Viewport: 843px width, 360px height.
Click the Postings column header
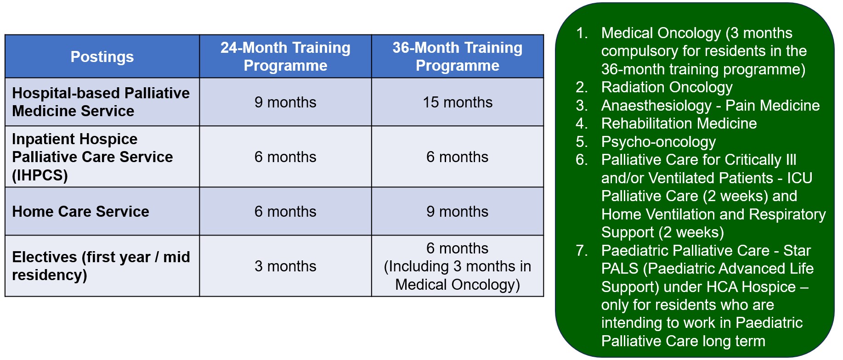[102, 56]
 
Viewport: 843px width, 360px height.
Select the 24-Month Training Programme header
[285, 56]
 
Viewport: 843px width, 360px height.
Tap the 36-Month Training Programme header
[458, 56]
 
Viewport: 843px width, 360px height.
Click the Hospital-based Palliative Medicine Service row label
[101, 102]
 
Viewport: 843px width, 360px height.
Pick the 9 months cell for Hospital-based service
[285, 102]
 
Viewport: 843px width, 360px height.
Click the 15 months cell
[458, 102]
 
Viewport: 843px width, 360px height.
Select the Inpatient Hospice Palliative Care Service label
[92, 157]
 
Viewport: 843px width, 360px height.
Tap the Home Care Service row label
[80, 211]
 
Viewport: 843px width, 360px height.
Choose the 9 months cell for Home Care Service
[458, 211]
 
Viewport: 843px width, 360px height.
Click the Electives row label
[101, 266]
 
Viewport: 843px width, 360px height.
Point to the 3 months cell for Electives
[285, 266]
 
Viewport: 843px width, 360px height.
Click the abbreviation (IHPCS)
[40, 175]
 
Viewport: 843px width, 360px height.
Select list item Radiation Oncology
[667, 87]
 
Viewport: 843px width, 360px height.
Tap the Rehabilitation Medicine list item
[679, 123]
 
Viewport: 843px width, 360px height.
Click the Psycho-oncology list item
[658, 142]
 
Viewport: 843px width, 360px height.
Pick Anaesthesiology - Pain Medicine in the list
[710, 105]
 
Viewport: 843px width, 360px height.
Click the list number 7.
[581, 250]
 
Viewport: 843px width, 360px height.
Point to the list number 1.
[581, 33]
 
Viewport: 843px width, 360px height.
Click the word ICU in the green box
[800, 178]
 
